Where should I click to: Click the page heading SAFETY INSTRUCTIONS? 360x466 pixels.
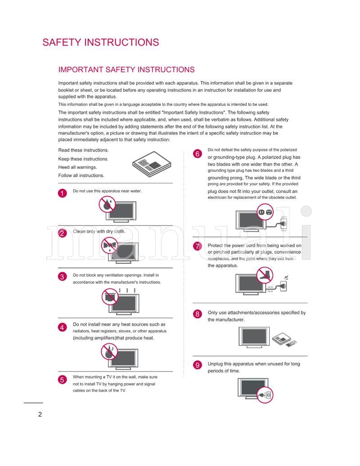100,42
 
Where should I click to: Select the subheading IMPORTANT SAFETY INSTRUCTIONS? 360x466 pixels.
126,70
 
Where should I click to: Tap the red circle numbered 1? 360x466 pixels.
63,193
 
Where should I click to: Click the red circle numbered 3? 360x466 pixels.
63,277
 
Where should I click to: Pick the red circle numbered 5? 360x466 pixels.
63,380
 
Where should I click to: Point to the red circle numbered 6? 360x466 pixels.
197,154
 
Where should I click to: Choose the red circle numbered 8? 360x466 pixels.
197,314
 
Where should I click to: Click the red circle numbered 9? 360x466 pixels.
197,365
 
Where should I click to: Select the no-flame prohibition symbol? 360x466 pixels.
108,352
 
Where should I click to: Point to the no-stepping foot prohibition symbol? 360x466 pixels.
264,275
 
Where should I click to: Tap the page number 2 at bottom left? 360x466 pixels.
40,414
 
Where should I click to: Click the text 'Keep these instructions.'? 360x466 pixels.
83,159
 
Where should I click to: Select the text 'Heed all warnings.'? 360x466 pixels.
77,167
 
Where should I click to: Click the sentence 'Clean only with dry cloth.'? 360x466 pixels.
99,231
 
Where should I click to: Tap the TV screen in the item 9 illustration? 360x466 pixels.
252,387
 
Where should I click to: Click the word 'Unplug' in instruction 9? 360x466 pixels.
216,364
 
